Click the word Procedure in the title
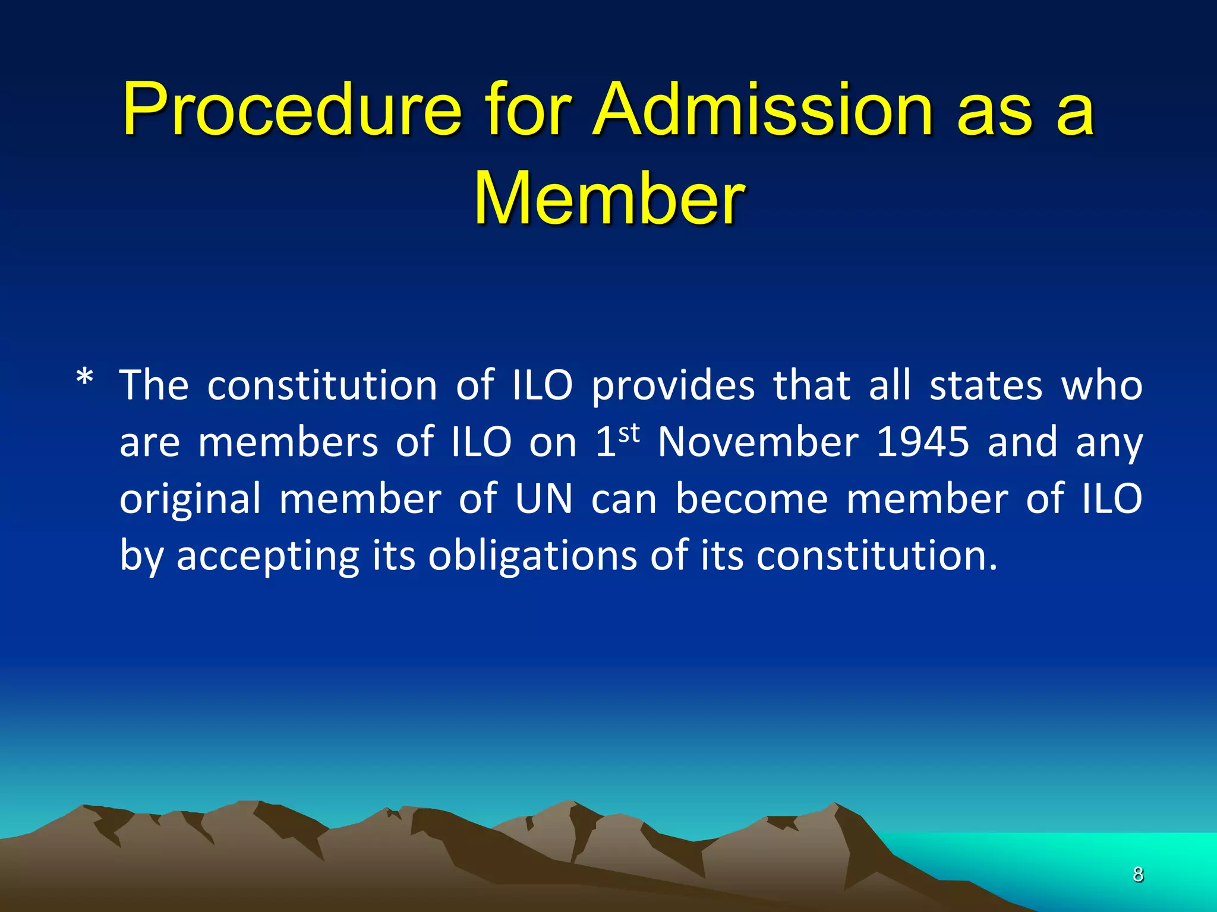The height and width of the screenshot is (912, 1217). (x=291, y=110)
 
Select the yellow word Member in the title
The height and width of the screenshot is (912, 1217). (x=608, y=198)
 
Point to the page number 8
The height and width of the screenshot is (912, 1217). (x=1137, y=875)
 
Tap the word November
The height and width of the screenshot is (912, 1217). (x=758, y=442)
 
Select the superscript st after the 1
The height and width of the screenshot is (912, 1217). (x=629, y=433)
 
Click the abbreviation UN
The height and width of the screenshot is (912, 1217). (x=543, y=499)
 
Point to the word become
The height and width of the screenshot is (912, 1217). (x=752, y=499)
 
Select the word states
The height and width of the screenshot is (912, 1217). (x=986, y=386)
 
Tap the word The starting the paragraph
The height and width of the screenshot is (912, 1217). (x=154, y=386)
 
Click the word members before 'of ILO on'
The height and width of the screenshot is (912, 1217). (x=288, y=442)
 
